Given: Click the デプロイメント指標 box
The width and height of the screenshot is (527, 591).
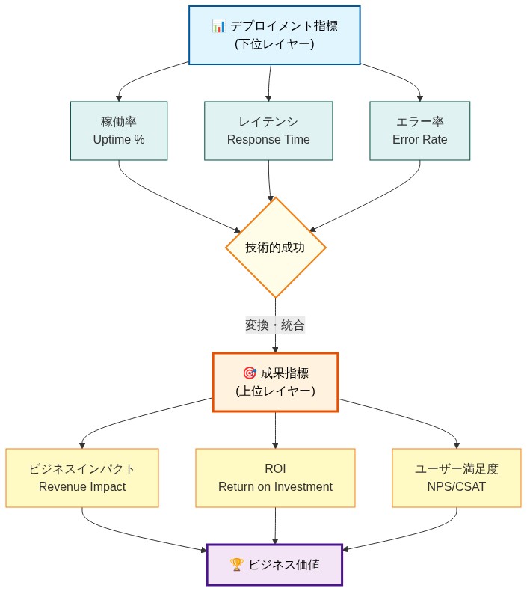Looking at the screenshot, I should click(274, 35).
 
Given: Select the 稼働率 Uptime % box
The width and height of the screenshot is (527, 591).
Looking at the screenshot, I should click(119, 131).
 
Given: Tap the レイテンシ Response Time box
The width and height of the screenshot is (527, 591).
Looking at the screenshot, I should click(268, 131).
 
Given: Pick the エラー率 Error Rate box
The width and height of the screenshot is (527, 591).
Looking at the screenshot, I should click(419, 131).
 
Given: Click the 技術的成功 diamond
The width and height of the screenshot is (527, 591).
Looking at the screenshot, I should click(275, 248).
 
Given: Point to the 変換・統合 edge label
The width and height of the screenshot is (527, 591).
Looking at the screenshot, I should click(275, 325).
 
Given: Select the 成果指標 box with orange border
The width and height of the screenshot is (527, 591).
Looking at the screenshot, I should click(275, 382).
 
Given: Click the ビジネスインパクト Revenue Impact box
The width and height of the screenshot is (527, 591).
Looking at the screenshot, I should click(82, 478).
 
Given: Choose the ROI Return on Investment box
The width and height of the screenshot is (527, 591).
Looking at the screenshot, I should click(275, 478).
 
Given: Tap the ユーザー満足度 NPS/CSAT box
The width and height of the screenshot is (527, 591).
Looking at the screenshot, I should click(456, 478).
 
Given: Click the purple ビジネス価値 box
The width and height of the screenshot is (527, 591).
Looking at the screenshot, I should click(274, 565).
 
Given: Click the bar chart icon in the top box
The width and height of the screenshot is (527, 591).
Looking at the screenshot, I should click(219, 26).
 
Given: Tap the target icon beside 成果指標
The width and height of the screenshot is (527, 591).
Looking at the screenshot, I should click(250, 373).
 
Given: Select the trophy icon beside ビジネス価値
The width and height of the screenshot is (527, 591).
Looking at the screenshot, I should click(236, 565).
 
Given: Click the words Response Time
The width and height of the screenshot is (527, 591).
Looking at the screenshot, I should click(268, 140).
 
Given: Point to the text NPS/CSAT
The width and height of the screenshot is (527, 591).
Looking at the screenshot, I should click(456, 487).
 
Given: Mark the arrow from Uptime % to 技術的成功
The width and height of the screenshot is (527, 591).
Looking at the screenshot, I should click(172, 206).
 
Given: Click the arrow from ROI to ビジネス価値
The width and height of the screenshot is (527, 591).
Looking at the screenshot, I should click(275, 525).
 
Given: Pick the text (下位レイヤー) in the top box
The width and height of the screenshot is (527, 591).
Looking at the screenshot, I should click(274, 44).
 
